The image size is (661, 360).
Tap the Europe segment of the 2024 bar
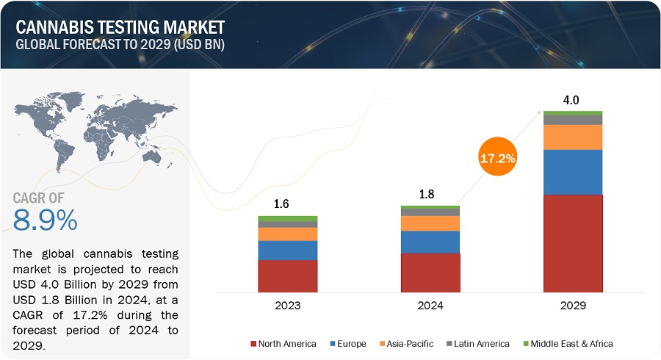tap(430, 242)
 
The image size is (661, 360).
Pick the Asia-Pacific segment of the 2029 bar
tap(573, 137)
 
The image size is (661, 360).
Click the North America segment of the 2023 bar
tap(288, 276)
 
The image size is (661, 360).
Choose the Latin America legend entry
tap(481, 343)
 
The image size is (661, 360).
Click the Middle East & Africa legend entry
tap(569, 343)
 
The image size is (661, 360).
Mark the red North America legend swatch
tap(254, 343)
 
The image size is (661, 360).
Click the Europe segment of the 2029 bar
tap(573, 172)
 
